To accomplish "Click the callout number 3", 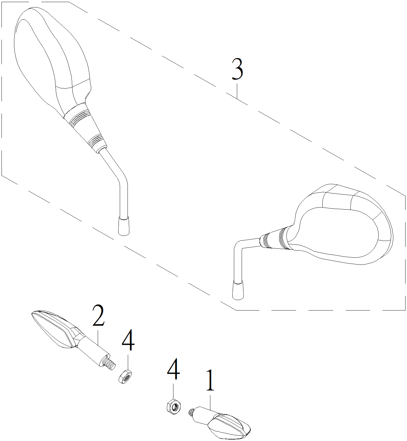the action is pyautogui.click(x=237, y=69).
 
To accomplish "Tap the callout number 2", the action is pyautogui.click(x=98, y=315).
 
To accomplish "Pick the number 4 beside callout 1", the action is pyautogui.click(x=173, y=369).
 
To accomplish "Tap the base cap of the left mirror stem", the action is pyautogui.click(x=124, y=226).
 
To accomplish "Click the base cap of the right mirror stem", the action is pyautogui.click(x=238, y=290).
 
